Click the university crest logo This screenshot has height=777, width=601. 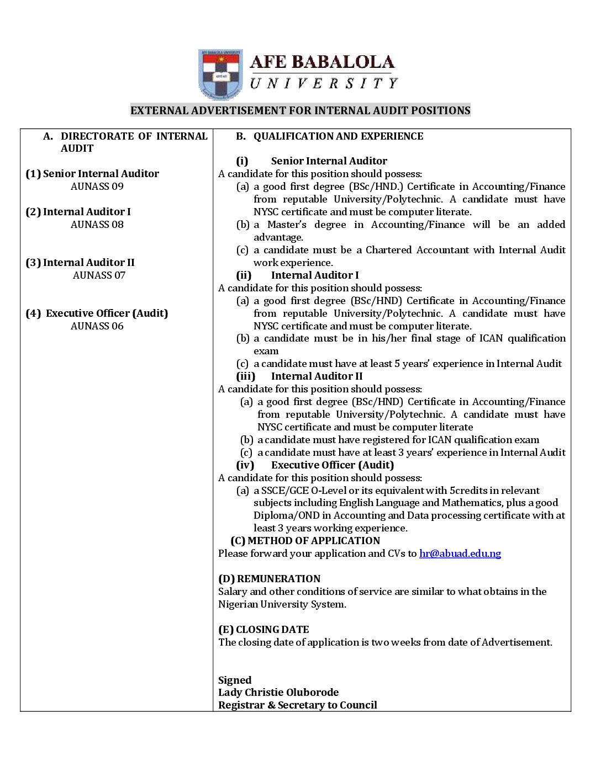[x=220, y=74]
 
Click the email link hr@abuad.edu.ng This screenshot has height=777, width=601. [x=460, y=554]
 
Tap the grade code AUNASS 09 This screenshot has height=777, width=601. [x=97, y=187]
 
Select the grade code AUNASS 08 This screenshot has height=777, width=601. [x=97, y=225]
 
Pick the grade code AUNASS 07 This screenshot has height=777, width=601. [x=99, y=275]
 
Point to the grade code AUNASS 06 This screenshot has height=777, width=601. [x=97, y=326]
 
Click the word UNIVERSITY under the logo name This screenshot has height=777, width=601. [x=324, y=84]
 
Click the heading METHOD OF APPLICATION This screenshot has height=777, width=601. [x=313, y=541]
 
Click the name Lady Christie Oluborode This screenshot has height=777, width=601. [x=278, y=693]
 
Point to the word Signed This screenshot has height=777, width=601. [x=235, y=680]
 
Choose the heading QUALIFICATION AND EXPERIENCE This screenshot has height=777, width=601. [x=338, y=136]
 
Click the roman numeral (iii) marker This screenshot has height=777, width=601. [x=246, y=376]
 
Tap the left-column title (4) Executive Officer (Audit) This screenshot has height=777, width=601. [x=97, y=313]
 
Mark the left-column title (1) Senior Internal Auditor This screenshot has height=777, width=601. [x=92, y=174]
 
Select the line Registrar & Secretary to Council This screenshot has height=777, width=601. [x=298, y=705]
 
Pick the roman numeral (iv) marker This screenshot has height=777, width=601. [x=245, y=465]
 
